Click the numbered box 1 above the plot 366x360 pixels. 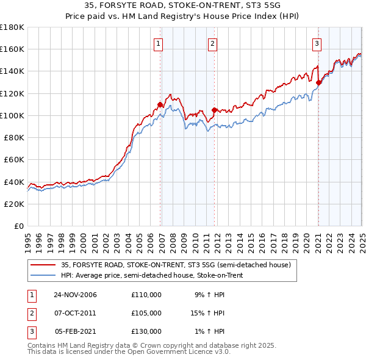click(x=158, y=43)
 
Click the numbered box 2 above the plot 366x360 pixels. click(x=212, y=43)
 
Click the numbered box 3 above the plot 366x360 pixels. click(x=317, y=43)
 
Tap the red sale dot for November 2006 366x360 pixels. click(x=160, y=104)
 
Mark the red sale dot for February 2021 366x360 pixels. click(x=318, y=82)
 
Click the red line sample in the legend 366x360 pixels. click(x=43, y=265)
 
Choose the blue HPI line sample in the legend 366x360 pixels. click(x=43, y=275)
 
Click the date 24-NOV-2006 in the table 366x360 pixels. click(x=76, y=295)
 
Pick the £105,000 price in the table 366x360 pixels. click(x=146, y=313)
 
